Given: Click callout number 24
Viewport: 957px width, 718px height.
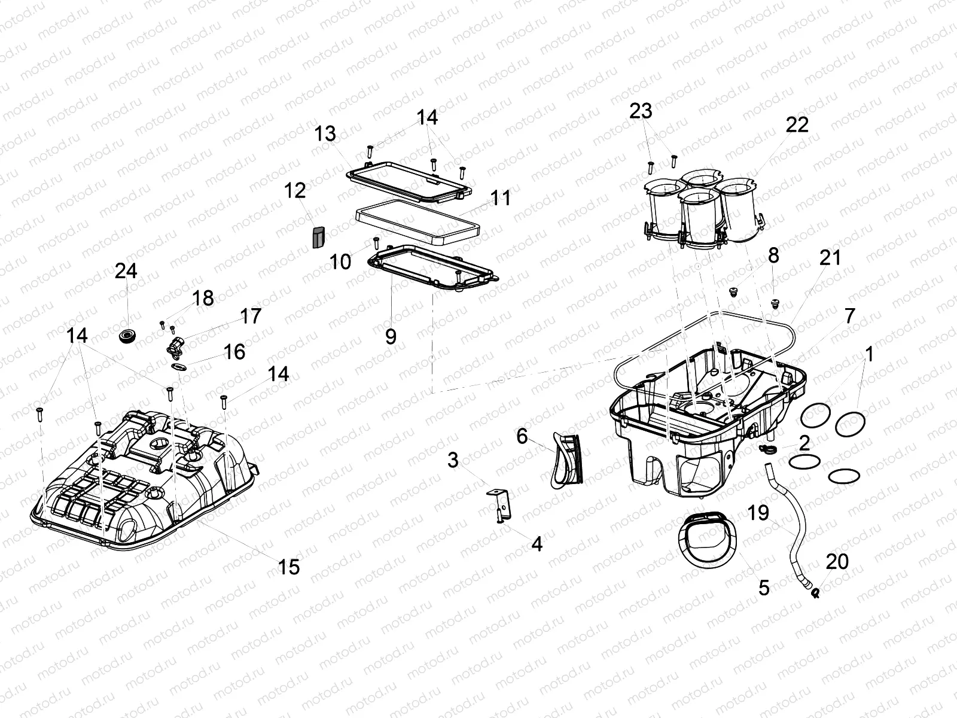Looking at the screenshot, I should [126, 271].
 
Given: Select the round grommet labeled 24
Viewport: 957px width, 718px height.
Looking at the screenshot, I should [127, 336].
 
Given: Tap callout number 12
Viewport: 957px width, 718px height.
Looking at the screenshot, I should [295, 191].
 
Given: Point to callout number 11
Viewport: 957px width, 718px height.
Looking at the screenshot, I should [501, 198].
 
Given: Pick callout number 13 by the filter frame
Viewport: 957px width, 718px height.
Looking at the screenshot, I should [326, 133].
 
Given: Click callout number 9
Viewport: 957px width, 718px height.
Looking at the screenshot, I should [391, 337].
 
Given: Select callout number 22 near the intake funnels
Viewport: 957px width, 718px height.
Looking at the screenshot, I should [797, 124].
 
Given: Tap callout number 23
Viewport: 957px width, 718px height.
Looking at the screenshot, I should [641, 111].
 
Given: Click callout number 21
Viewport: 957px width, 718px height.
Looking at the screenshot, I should [830, 258].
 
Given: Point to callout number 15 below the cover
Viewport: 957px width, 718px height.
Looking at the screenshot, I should [289, 567].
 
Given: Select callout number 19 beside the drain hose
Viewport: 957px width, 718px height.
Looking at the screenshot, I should [758, 513].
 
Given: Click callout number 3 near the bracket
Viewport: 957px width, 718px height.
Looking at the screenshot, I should [453, 460].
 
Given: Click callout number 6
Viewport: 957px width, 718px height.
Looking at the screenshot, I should [522, 437].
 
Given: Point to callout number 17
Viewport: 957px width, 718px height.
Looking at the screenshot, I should [251, 316].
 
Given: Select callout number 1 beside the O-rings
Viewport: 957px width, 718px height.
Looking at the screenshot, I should [869, 354].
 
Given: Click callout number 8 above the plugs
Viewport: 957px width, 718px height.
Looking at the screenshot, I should [773, 255].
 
